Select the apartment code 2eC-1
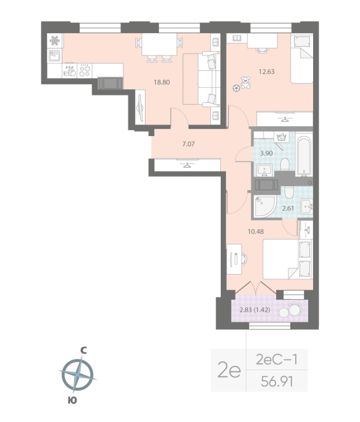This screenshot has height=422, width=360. click(x=277, y=360)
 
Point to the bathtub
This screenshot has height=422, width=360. click(x=304, y=156)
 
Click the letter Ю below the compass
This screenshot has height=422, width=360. click(x=73, y=401)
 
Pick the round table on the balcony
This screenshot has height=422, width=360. click(x=294, y=309)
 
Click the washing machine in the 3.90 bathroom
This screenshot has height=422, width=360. click(x=281, y=138)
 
